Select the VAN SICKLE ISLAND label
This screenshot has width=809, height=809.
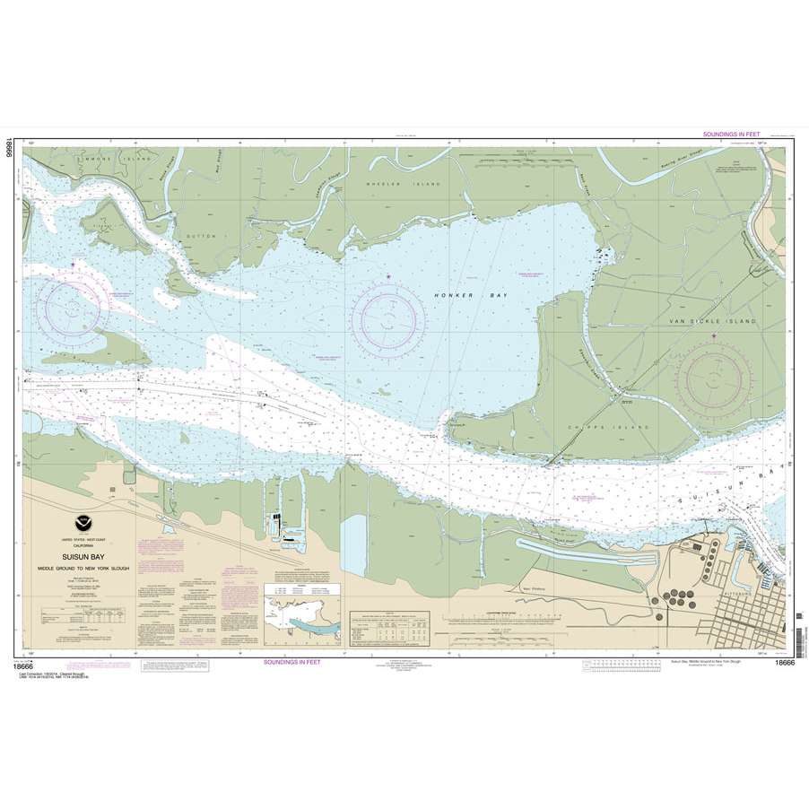point(715,320)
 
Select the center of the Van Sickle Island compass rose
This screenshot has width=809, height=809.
point(715,380)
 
